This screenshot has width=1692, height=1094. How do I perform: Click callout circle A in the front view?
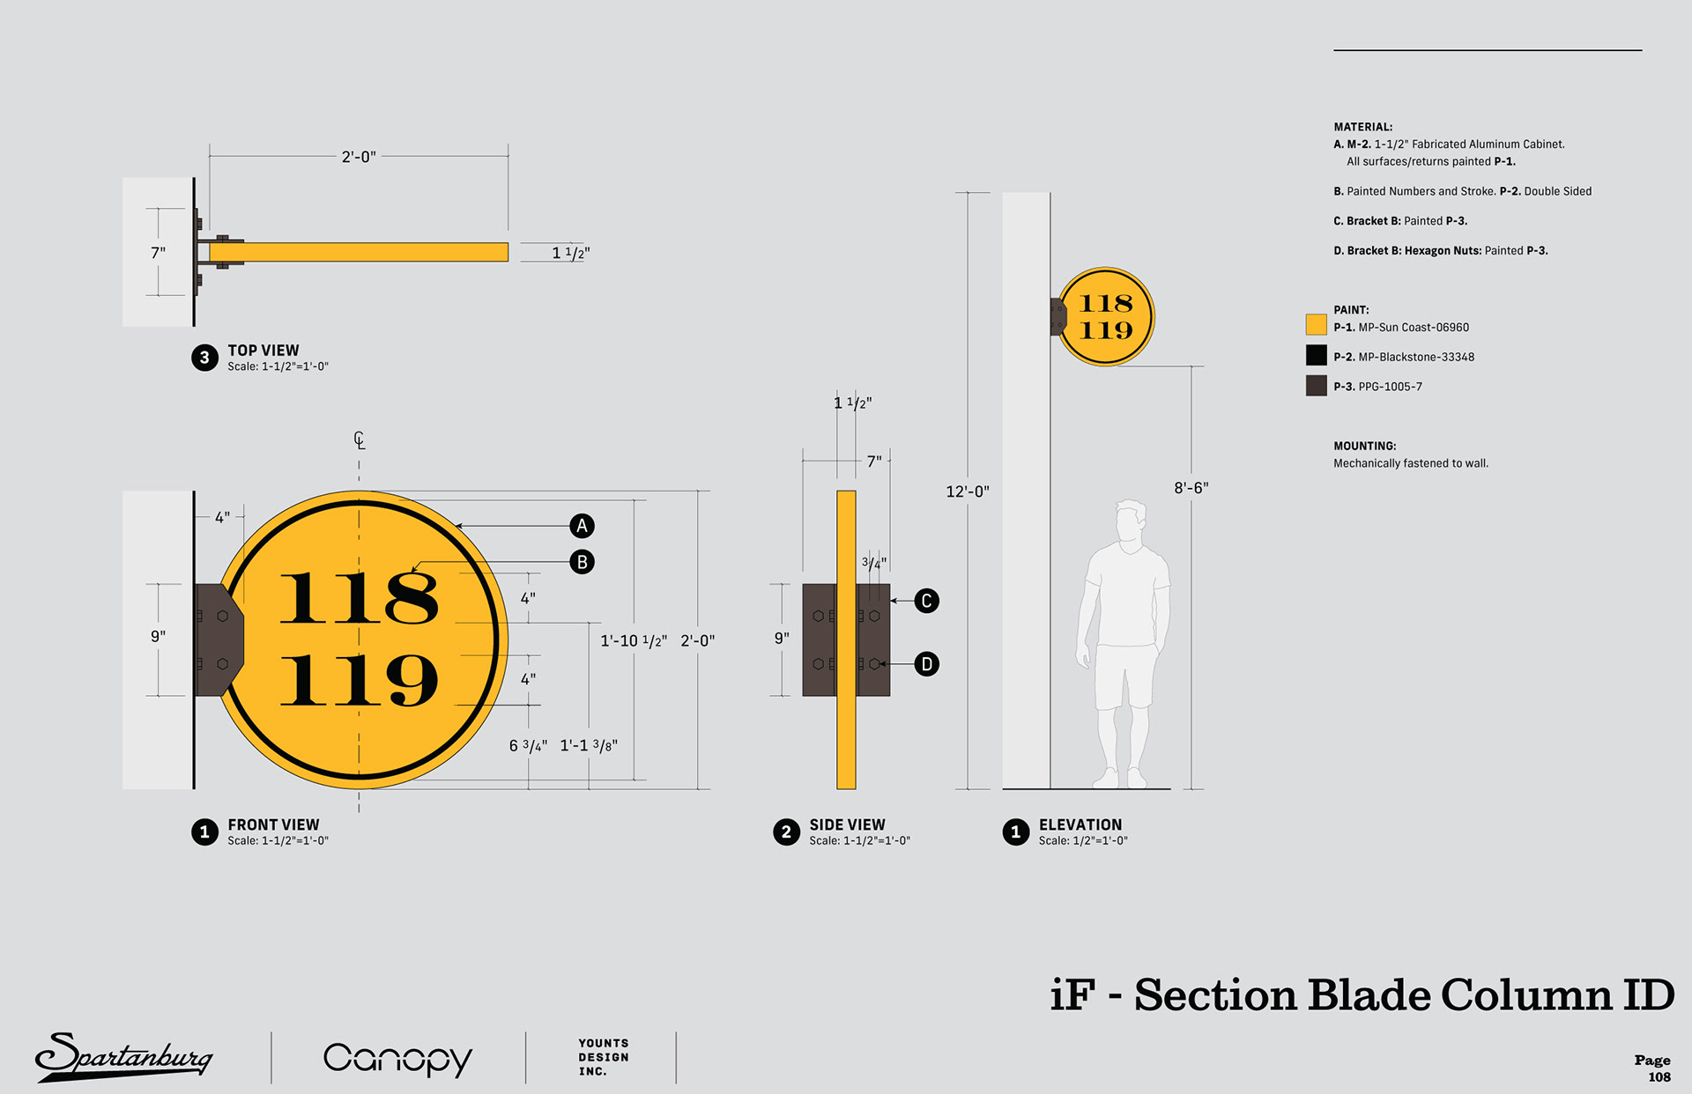point(582,526)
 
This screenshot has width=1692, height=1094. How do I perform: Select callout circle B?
point(582,562)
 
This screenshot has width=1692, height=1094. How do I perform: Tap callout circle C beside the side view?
point(926,601)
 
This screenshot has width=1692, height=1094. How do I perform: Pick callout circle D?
point(926,664)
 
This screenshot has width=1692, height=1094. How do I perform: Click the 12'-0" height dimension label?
point(968,492)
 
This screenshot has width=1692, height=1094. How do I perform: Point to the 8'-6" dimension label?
point(1191,488)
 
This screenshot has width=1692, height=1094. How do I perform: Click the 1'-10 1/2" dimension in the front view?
point(634,641)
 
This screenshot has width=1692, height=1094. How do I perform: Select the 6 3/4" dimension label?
point(528,746)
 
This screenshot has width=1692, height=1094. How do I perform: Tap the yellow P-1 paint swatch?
point(1316,324)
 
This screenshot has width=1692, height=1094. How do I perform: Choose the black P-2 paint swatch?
point(1316,355)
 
